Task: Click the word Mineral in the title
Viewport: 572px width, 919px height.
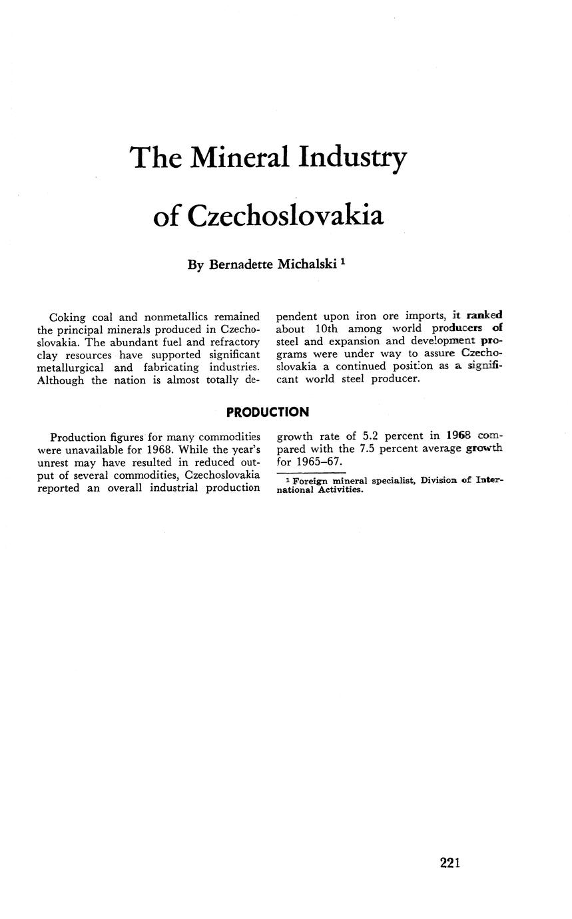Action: tap(240, 158)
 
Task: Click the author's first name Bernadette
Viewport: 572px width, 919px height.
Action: tap(240, 264)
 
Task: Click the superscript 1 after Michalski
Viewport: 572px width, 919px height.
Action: tap(343, 262)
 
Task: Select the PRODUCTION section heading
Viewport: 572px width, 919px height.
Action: tap(267, 412)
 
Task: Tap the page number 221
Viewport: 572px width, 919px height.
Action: tap(450, 862)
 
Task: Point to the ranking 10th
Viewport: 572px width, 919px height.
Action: tap(326, 329)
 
